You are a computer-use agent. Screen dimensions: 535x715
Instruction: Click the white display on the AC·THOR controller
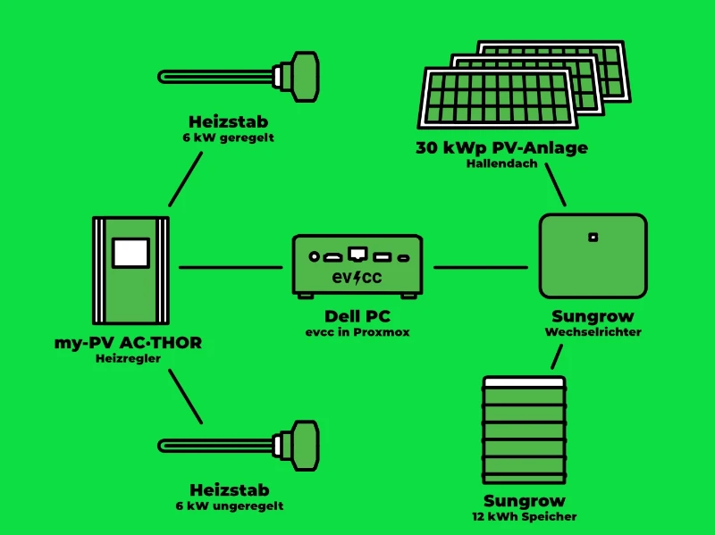pyautogui.click(x=130, y=252)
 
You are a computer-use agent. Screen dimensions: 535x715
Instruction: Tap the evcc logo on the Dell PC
pyautogui.click(x=357, y=277)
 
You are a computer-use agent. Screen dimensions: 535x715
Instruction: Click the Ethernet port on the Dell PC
pyautogui.click(x=357, y=254)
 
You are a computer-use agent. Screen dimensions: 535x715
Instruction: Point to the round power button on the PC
pyautogui.click(x=314, y=256)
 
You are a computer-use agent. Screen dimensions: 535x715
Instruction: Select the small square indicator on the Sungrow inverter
pyautogui.click(x=592, y=238)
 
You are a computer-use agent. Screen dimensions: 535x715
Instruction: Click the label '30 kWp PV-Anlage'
pyautogui.click(x=501, y=148)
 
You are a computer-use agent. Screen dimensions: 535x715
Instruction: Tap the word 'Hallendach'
pyautogui.click(x=501, y=164)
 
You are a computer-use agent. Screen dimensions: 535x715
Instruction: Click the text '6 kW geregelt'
pyautogui.click(x=228, y=138)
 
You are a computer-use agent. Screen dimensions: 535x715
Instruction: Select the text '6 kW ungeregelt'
pyautogui.click(x=230, y=506)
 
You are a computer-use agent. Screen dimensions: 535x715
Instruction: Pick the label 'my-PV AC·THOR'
pyautogui.click(x=128, y=342)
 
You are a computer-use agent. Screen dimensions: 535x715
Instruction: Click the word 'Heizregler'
pyautogui.click(x=128, y=358)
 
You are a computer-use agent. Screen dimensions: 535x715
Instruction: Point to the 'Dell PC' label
pyautogui.click(x=357, y=316)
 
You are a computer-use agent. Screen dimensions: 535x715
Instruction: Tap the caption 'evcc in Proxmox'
pyautogui.click(x=357, y=332)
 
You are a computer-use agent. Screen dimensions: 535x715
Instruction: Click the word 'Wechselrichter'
pyautogui.click(x=593, y=332)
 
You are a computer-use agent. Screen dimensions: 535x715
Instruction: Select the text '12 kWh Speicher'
pyautogui.click(x=525, y=516)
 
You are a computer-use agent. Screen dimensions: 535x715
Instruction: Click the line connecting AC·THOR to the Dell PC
pyautogui.click(x=231, y=266)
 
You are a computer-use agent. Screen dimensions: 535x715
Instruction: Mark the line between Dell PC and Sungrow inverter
pyautogui.click(x=480, y=266)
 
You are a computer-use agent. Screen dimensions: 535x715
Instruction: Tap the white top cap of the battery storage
pyautogui.click(x=524, y=381)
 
